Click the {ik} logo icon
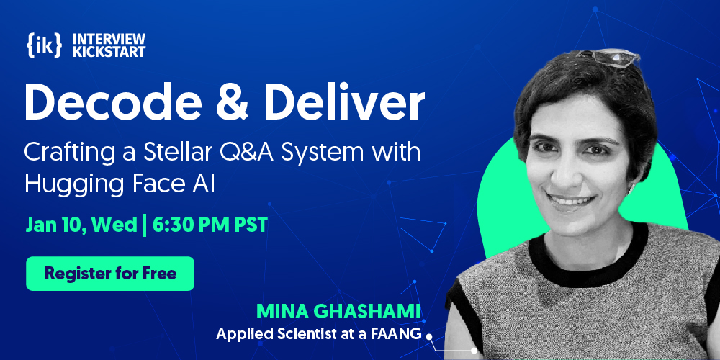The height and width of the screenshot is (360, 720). click(x=44, y=45)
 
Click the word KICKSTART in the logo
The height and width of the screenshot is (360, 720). click(x=109, y=51)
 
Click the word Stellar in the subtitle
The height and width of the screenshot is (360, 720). click(x=171, y=153)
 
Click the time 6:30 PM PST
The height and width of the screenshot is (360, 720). click(x=210, y=225)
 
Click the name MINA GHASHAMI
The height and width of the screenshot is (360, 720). click(x=338, y=312)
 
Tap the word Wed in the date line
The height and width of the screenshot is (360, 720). click(x=114, y=225)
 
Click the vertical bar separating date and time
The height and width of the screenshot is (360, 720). click(x=145, y=225)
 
